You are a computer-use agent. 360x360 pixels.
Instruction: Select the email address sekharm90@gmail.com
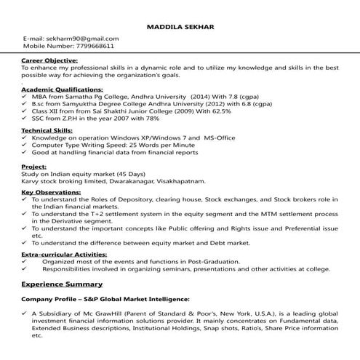pos(81,38)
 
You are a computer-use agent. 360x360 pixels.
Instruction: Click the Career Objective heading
pos(50,60)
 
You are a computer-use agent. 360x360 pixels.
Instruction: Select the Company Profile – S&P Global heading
pos(105,299)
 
